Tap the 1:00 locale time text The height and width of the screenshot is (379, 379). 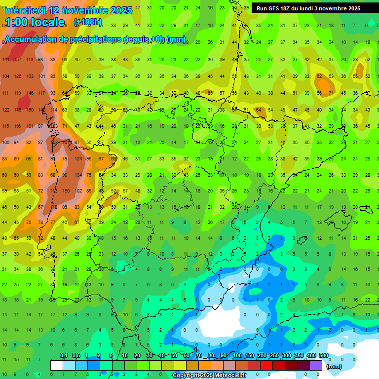(x=35, y=22)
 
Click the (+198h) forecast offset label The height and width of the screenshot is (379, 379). (x=87, y=22)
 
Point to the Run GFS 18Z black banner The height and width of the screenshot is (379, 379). (x=308, y=8)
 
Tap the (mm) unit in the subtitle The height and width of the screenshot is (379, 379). (x=176, y=39)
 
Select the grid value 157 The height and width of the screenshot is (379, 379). (x=18, y=60)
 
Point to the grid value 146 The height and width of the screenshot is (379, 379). (x=30, y=93)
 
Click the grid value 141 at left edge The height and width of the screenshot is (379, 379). (x=5, y=60)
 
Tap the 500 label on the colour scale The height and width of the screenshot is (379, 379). (x=323, y=355)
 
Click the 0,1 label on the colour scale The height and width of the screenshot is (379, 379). (x=64, y=355)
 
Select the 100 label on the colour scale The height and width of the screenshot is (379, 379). (x=237, y=355)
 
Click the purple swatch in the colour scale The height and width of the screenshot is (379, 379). (x=316, y=365)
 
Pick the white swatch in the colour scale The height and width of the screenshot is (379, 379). (x=57, y=365)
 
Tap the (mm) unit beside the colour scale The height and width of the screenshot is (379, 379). (x=334, y=366)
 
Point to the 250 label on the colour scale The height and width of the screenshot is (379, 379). (x=274, y=355)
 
